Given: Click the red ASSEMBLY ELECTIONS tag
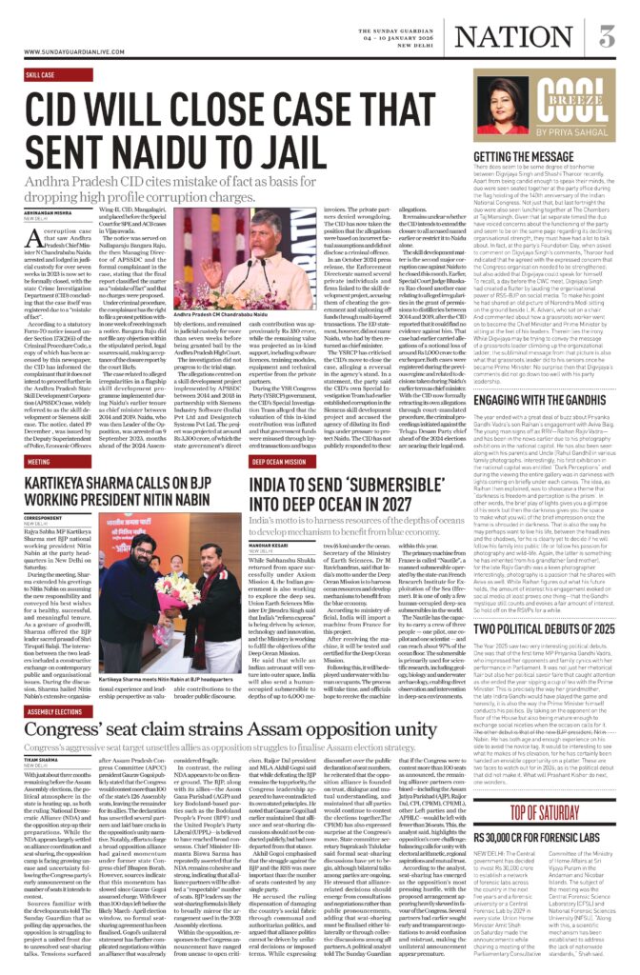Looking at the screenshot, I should click(54, 684).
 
